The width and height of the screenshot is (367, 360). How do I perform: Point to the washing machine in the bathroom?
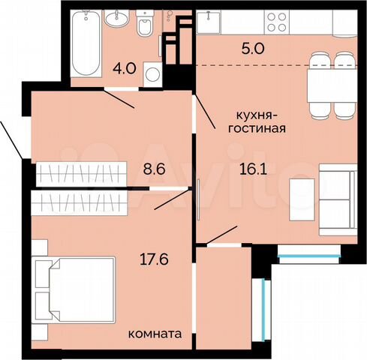tap(153, 76)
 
